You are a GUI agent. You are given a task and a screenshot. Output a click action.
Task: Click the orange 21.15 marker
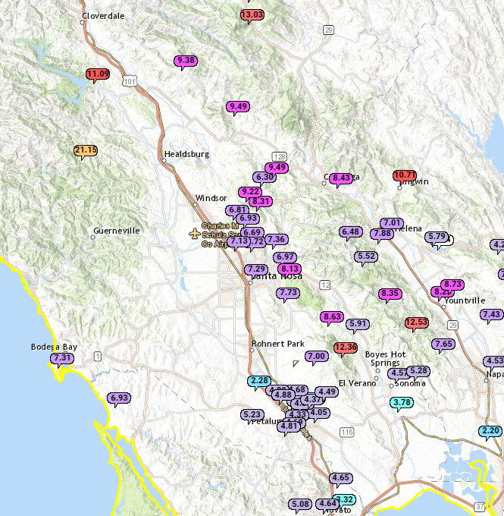pyautogui.click(x=86, y=150)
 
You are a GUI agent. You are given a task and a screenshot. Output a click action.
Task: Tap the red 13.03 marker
pyautogui.click(x=252, y=14)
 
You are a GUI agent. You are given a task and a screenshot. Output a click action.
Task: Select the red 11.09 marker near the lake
pyautogui.click(x=97, y=74)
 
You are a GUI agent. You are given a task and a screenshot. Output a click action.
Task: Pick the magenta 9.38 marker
pyautogui.click(x=185, y=60)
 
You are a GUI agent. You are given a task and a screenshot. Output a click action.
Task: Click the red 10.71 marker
pyautogui.click(x=405, y=175)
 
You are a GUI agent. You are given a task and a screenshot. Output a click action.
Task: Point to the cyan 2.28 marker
pyautogui.click(x=259, y=380)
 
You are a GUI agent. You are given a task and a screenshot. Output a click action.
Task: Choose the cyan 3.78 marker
pyautogui.click(x=402, y=402)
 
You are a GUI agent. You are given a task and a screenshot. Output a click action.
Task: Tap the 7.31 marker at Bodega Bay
pyautogui.click(x=62, y=358)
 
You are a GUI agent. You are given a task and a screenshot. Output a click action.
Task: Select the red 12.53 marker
pyautogui.click(x=416, y=322)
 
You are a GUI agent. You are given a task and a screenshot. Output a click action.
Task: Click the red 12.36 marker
pyautogui.click(x=345, y=348)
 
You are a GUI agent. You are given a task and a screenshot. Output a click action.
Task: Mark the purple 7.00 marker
pyautogui.click(x=316, y=356)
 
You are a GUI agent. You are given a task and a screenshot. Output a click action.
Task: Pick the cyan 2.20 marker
pyautogui.click(x=490, y=430)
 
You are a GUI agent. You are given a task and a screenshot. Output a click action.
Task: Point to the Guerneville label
pyautogui.click(x=117, y=230)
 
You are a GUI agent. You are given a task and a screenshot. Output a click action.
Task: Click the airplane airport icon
pyautogui.click(x=196, y=232)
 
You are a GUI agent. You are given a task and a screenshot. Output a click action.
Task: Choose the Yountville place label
pyautogui.click(x=465, y=300)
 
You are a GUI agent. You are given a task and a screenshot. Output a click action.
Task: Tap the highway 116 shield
pyautogui.click(x=347, y=432)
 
